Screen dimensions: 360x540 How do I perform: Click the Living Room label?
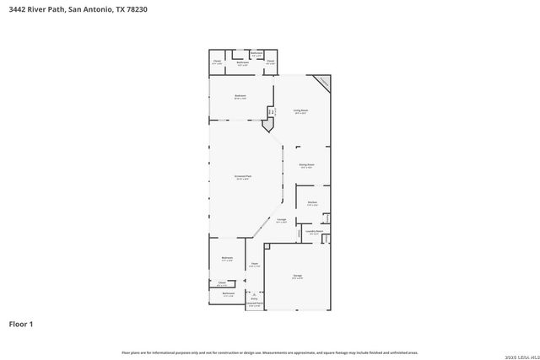point(300,111)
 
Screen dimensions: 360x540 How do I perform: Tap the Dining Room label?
point(306,165)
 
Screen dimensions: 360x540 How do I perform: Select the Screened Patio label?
point(243,177)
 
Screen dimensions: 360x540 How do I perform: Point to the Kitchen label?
point(311,202)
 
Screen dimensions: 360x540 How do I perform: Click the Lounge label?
point(282,221)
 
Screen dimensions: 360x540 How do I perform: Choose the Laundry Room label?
point(314,231)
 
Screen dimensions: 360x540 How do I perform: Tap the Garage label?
point(297,277)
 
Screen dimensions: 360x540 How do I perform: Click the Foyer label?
point(254,265)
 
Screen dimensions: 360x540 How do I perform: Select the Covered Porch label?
point(254,304)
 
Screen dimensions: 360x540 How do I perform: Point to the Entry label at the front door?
point(254,298)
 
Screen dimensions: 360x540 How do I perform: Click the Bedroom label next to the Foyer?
point(227,258)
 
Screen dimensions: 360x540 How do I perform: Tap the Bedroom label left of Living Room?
point(240,96)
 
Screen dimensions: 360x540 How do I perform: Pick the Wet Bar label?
point(272,111)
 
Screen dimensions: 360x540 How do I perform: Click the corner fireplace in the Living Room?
point(322,83)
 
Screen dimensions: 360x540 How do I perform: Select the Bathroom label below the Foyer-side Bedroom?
point(228,294)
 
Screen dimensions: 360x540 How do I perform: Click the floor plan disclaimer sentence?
point(270,352)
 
